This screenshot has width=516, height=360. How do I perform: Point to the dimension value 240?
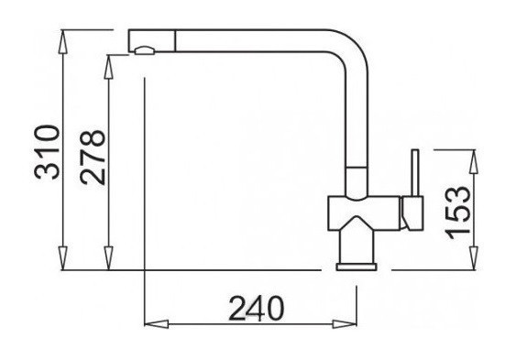251,308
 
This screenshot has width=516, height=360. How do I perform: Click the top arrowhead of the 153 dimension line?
474,157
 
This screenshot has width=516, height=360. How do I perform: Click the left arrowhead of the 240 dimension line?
153,323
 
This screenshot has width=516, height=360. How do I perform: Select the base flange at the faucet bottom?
358,266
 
